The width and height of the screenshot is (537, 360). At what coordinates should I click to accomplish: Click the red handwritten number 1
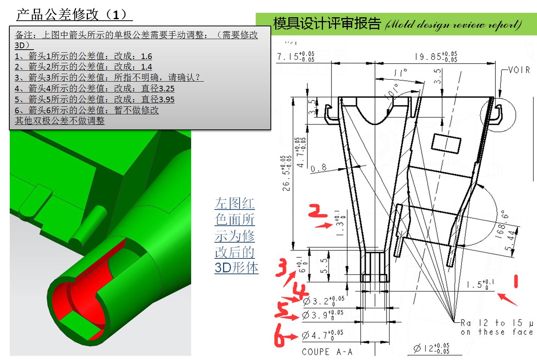click(x=516, y=281)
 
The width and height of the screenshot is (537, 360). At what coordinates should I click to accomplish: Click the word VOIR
click(x=519, y=70)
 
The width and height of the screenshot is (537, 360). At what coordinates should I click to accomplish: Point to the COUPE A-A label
click(x=327, y=352)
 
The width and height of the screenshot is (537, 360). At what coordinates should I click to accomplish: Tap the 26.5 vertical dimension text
click(x=287, y=173)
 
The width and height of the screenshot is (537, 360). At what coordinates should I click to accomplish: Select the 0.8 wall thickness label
click(x=318, y=168)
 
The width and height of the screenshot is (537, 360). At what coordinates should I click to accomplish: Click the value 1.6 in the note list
click(x=146, y=56)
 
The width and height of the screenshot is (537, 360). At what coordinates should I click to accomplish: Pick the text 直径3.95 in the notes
click(x=158, y=100)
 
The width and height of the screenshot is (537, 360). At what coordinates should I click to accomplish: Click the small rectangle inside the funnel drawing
click(x=446, y=143)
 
